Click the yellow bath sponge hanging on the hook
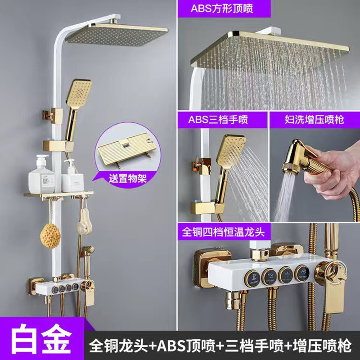pos(50,236)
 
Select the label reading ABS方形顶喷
pos(222,9)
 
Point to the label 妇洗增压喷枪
pos(314,120)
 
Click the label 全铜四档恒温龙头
pos(223,232)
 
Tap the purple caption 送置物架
pos(128,178)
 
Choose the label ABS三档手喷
pos(218,119)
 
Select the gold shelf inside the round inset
pos(127,148)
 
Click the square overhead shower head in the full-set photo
pos(117,34)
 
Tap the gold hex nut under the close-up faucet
pos(233,300)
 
